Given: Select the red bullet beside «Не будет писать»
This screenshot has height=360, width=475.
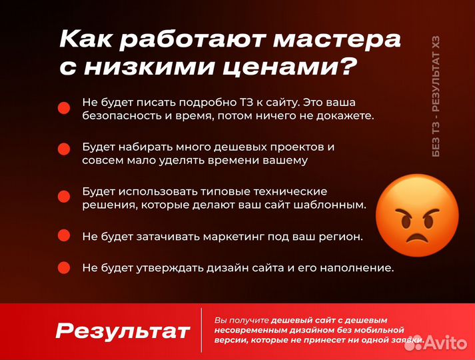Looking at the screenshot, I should pyautogui.click(x=64, y=107).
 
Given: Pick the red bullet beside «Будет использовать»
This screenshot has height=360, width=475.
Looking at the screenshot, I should pyautogui.click(x=64, y=196).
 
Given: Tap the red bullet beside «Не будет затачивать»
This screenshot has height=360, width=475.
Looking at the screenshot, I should pyautogui.click(x=64, y=235).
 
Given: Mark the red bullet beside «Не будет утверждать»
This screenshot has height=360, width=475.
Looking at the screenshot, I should pyautogui.click(x=64, y=267).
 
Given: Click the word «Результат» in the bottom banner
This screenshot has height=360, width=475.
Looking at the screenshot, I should pyautogui.click(x=123, y=331).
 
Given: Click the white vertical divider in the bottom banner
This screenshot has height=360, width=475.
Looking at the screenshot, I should pyautogui.click(x=201, y=330).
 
